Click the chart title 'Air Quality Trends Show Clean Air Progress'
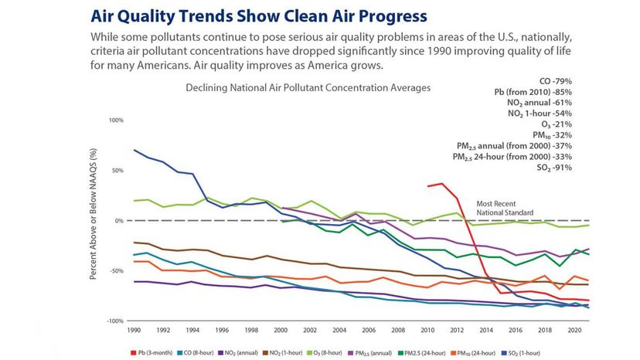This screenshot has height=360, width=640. click(260, 15)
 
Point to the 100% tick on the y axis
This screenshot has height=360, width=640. click(116, 121)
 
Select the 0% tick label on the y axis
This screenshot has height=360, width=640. click(119, 220)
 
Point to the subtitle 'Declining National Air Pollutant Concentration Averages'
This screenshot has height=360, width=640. click(308, 88)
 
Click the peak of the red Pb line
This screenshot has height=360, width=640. click(441, 184)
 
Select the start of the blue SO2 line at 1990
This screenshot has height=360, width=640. click(134, 150)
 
